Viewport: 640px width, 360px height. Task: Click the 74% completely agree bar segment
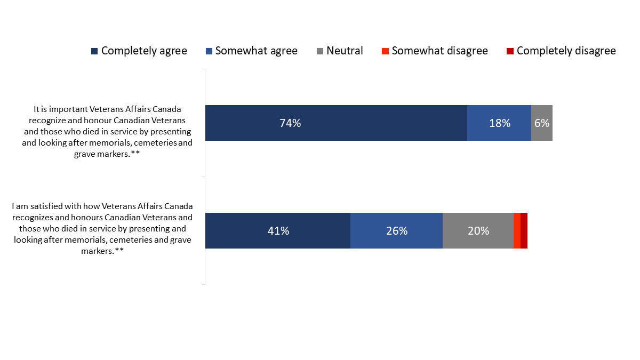point(336,123)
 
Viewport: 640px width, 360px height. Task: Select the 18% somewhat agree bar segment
point(499,123)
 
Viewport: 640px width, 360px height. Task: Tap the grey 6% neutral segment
point(541,123)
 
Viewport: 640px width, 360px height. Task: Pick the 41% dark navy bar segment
point(277,230)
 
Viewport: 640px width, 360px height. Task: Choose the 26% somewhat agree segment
point(396,230)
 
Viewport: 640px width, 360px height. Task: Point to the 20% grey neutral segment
point(478,230)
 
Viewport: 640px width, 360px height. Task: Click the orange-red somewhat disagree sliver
point(517,230)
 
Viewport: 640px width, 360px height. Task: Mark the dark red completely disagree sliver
point(524,230)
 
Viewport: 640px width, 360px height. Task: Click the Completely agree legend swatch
point(94,51)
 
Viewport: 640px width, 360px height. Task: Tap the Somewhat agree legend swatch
point(209,51)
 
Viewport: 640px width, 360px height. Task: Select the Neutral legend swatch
point(320,51)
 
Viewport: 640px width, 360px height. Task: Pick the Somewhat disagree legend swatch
point(385,51)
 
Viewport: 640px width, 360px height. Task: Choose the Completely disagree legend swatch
point(510,51)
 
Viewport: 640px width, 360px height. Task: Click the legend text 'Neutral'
point(345,51)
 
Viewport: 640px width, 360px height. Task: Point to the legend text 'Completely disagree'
point(566,51)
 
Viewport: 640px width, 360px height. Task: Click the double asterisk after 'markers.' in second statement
point(120,251)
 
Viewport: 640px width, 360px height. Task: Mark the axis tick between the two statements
point(203,177)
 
